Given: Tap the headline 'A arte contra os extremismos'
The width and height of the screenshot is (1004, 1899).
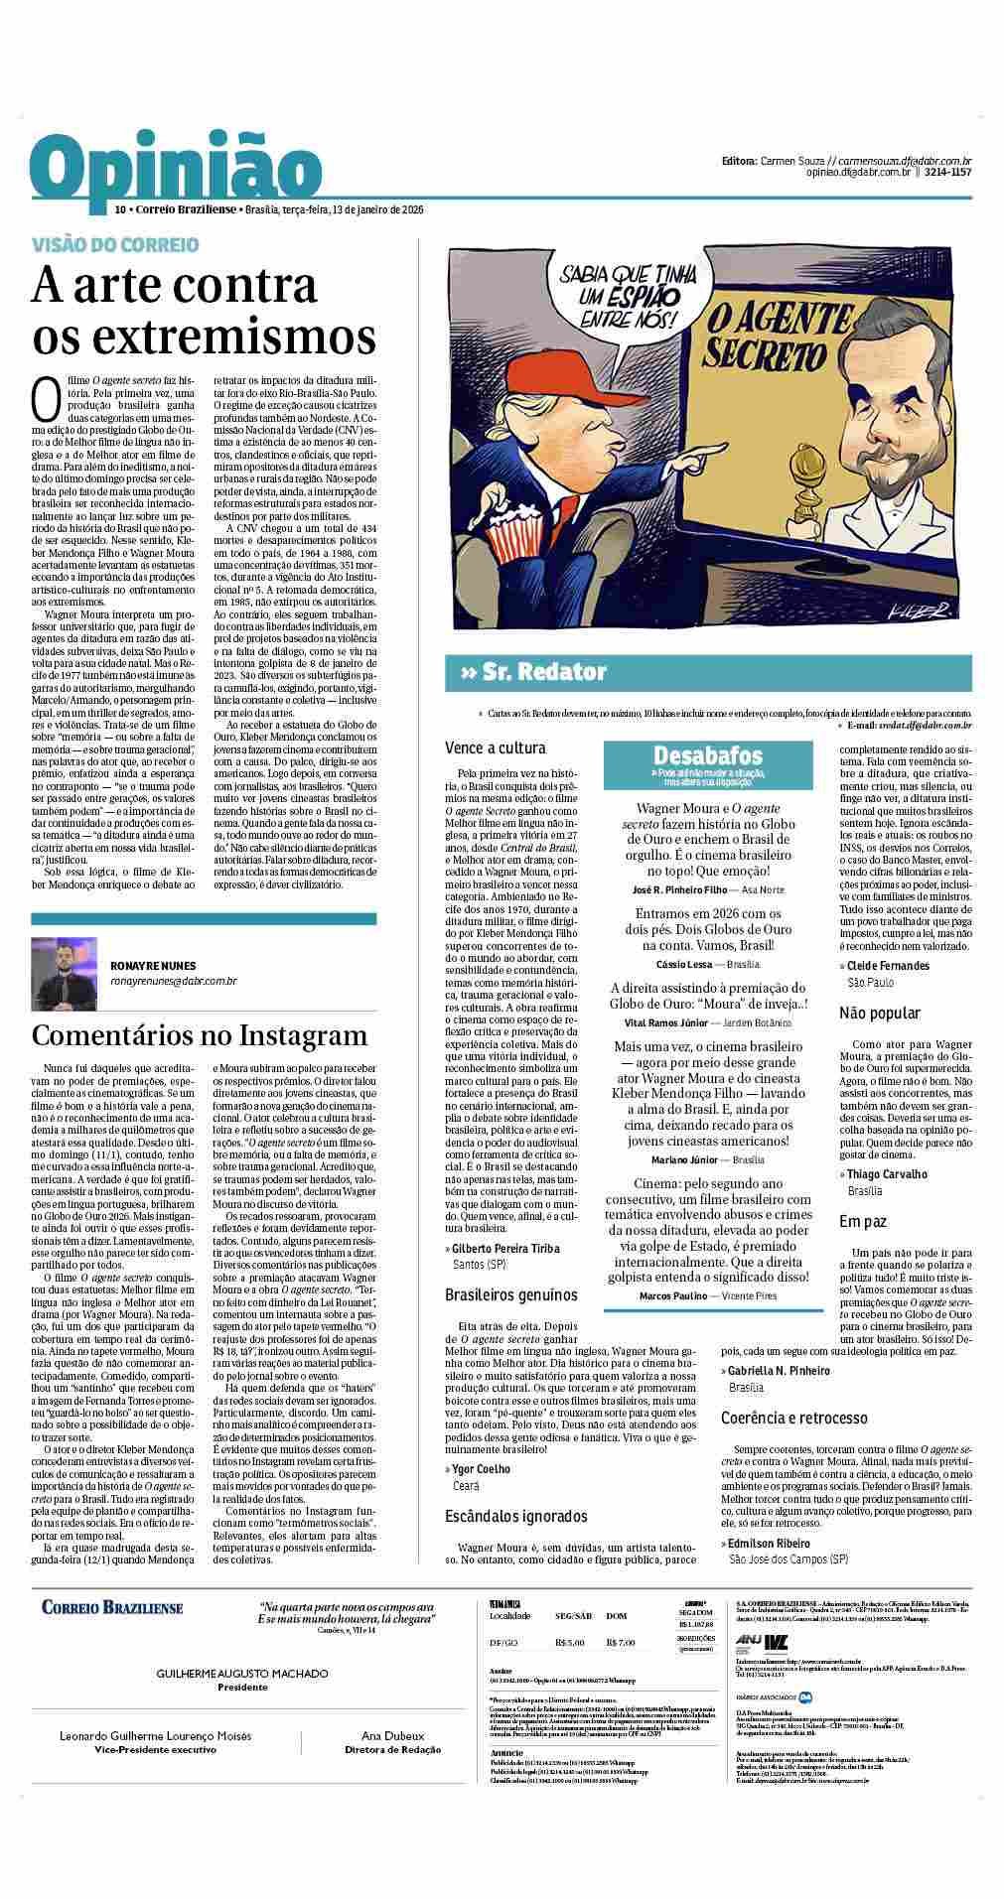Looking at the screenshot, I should point(204,311).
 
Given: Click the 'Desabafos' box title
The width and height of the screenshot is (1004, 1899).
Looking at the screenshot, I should point(707,755).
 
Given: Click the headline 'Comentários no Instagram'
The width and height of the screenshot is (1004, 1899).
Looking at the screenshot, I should point(200,1035).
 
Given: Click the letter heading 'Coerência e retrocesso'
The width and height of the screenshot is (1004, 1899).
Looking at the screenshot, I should point(793,1418).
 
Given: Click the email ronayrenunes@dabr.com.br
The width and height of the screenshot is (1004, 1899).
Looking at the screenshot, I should point(173,982).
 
